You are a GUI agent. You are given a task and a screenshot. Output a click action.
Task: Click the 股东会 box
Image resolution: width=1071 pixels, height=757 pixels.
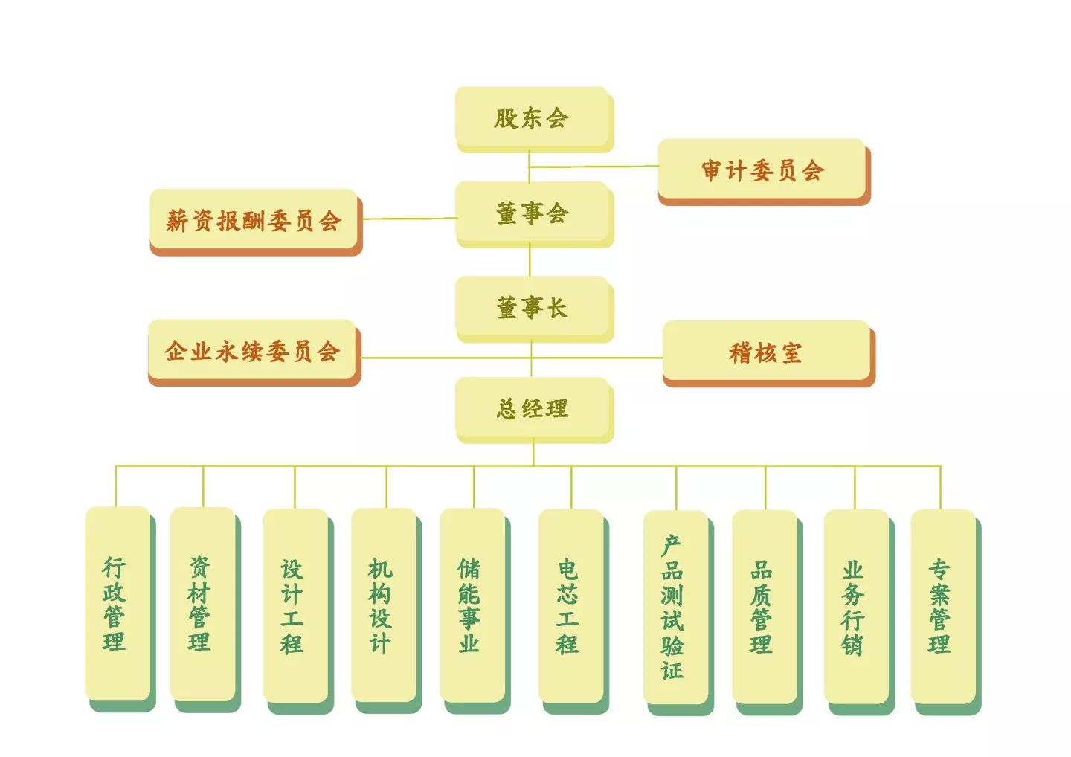(x=534, y=120)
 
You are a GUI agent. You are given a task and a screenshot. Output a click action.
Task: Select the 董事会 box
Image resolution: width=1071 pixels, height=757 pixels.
(x=534, y=214)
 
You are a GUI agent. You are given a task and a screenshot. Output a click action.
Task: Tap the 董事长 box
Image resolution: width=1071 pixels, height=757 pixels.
(x=534, y=309)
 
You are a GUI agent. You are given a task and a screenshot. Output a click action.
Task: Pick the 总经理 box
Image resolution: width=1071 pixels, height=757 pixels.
(x=534, y=410)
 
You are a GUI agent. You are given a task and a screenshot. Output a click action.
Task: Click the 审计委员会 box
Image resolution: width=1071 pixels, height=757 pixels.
(x=764, y=172)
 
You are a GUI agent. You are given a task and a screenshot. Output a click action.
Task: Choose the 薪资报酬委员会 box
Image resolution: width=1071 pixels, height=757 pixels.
(x=256, y=222)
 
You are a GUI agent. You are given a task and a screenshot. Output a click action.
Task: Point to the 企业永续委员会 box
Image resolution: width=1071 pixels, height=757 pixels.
(x=254, y=352)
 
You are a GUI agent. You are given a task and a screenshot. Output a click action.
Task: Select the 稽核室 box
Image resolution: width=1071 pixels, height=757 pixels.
(x=769, y=354)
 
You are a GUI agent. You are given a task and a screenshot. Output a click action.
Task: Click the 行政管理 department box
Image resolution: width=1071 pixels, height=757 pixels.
(x=120, y=609)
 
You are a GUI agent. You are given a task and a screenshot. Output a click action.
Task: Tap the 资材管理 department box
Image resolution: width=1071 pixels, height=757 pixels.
(x=205, y=610)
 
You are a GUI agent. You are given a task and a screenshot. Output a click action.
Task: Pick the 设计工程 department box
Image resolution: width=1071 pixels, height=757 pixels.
(x=298, y=611)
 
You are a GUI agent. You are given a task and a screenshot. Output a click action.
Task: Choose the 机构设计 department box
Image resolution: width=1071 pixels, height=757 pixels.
(x=386, y=611)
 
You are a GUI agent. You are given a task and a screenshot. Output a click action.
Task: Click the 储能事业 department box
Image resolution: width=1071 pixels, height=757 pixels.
(x=475, y=611)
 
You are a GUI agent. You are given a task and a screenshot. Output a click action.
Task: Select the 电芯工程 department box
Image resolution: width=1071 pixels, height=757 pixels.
(x=573, y=612)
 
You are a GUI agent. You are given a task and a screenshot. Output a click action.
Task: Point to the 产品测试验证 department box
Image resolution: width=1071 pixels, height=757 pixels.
(x=678, y=613)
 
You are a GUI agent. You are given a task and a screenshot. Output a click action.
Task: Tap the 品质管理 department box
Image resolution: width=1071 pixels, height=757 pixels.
(x=768, y=612)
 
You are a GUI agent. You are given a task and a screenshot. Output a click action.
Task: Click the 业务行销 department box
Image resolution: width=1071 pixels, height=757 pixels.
(x=859, y=612)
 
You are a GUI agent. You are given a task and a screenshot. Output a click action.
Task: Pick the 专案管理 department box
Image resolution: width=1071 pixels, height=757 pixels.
(x=946, y=612)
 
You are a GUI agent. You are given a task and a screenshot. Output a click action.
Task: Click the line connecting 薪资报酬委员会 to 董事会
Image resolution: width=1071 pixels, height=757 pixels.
(x=410, y=219)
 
